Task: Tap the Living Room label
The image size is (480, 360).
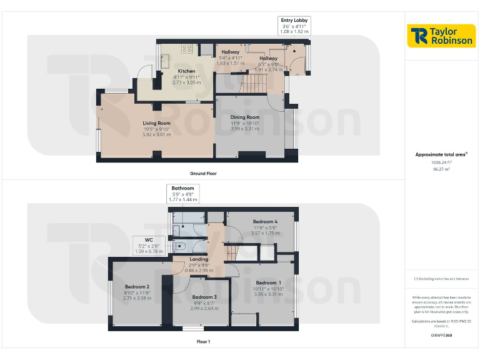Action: coord(156,123)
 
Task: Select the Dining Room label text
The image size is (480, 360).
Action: coord(244,117)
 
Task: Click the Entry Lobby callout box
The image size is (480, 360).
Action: coord(294,25)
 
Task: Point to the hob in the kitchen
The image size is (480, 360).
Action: coord(186,48)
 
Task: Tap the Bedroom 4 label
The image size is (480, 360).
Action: coord(265,222)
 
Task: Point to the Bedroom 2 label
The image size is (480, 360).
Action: coord(136,287)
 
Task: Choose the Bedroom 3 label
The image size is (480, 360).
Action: coord(204,297)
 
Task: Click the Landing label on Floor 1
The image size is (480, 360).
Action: coord(199,259)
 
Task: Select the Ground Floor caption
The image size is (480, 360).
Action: coord(204,173)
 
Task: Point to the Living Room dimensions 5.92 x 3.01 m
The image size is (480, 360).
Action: coord(156,135)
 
